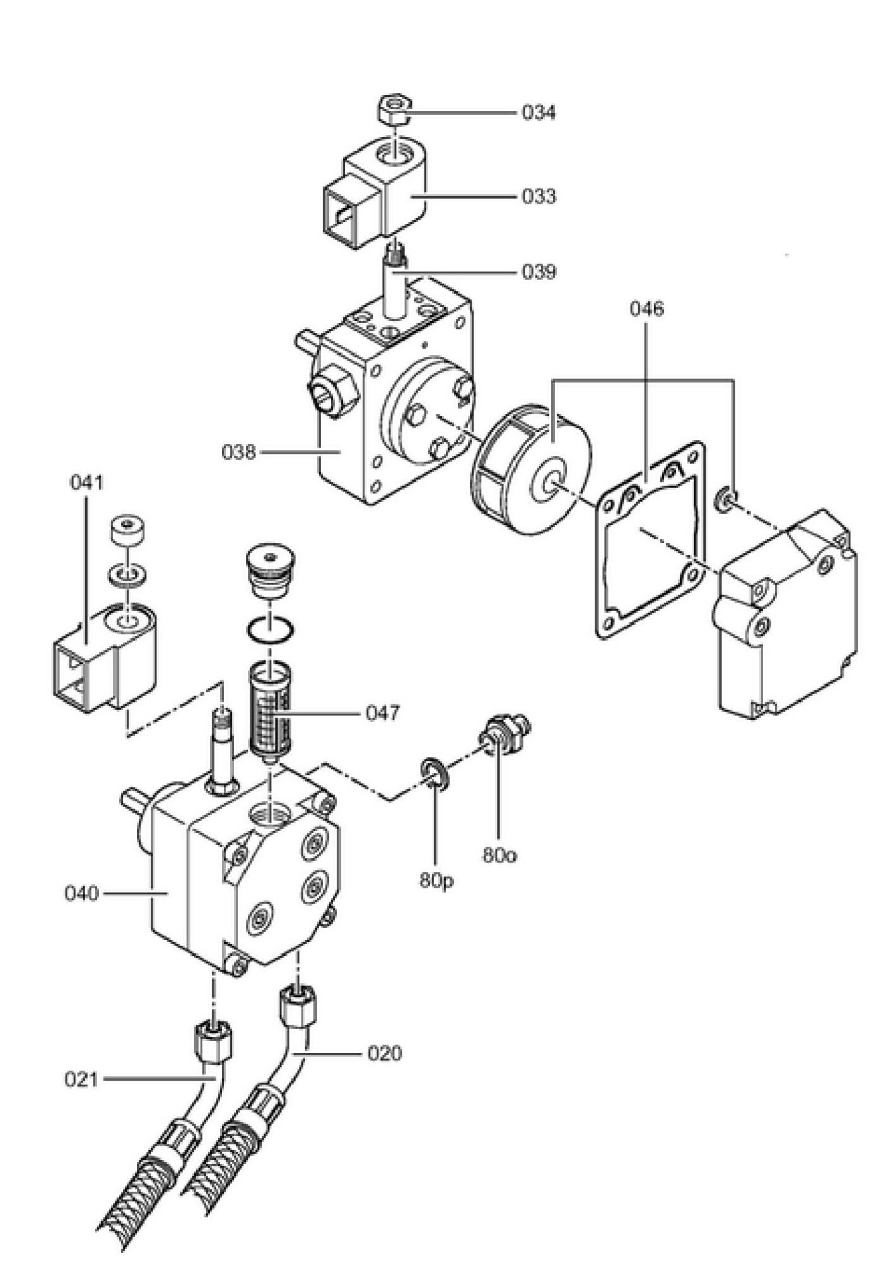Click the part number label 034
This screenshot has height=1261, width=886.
click(x=539, y=113)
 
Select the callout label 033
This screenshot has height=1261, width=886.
click(x=539, y=197)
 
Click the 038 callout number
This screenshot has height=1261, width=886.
click(x=238, y=452)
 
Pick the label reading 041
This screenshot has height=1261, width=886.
click(x=86, y=483)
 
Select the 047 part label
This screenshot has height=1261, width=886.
click(x=383, y=713)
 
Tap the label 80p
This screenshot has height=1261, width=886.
click(x=436, y=881)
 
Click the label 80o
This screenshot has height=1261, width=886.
click(x=499, y=856)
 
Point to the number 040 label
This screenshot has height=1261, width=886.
click(x=82, y=893)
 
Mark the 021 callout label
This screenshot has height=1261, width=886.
click(x=82, y=1080)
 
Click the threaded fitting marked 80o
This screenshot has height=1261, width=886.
click(x=506, y=733)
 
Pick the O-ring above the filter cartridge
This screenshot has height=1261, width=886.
click(x=269, y=619)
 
